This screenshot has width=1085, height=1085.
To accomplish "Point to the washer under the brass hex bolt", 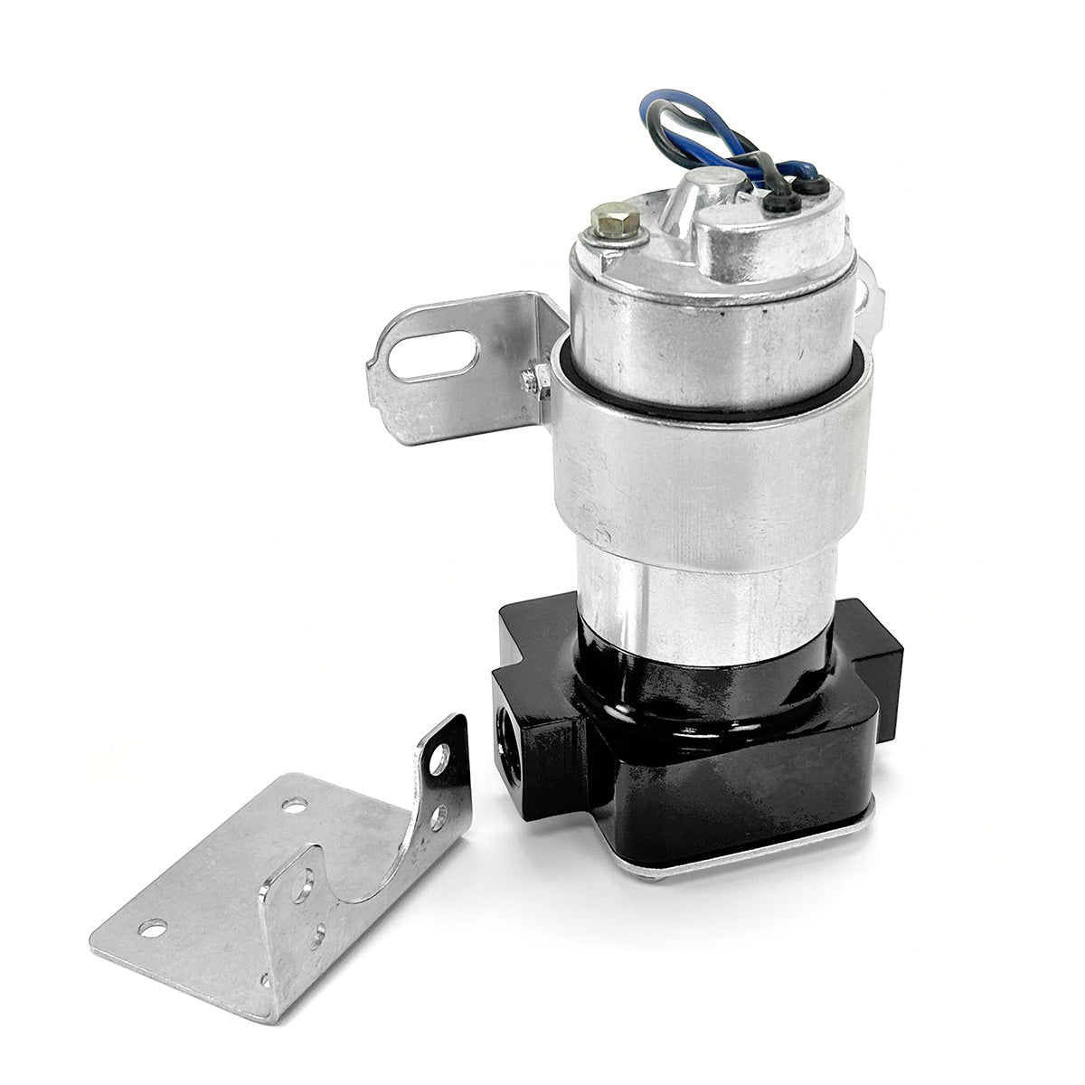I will click(x=603, y=237).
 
